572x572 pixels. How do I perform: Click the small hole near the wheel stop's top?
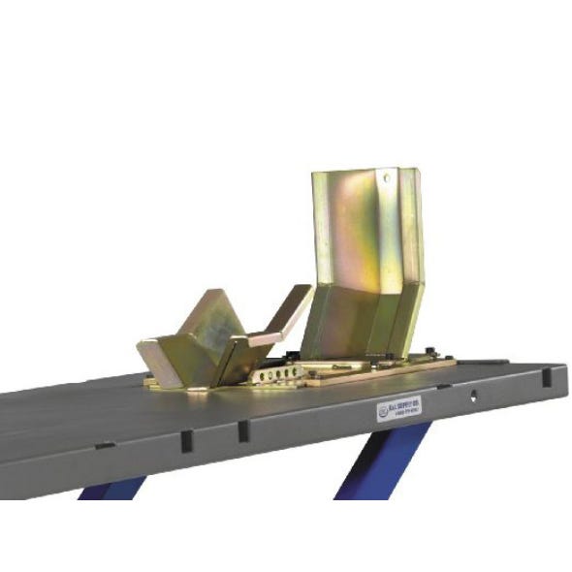point(385,178)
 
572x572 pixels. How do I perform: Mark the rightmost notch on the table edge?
point(549,374)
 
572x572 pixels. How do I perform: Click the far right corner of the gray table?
point(563,368)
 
